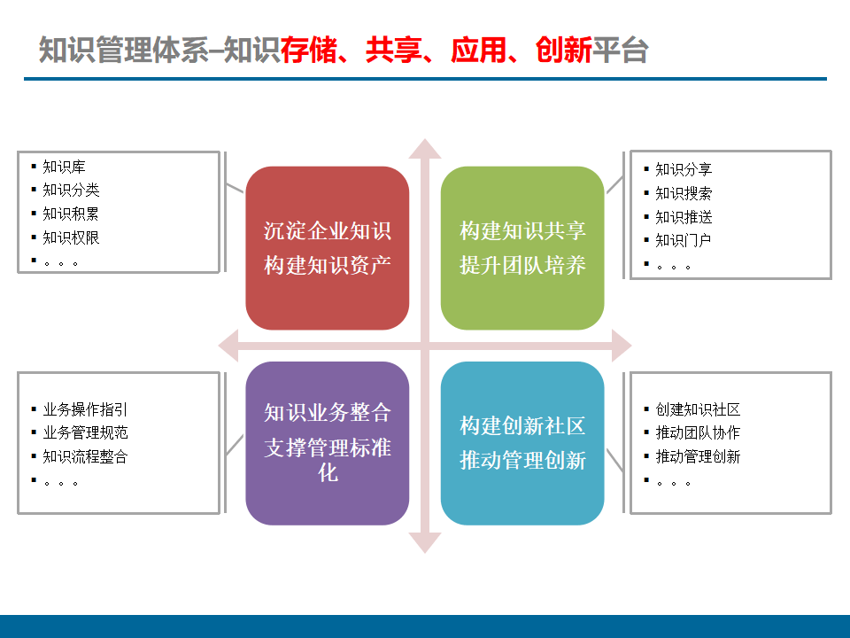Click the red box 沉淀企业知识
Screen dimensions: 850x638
pos(327,248)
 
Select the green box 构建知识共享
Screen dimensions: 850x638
pos(522,248)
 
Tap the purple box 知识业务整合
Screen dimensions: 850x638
pos(327,443)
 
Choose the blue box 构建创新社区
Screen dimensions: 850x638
pos(522,443)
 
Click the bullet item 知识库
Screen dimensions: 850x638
pos(64,166)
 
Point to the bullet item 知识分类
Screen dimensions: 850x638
pos(71,190)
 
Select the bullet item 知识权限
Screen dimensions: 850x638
pos(71,237)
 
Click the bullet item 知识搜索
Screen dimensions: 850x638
pos(683,193)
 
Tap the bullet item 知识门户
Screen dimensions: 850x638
pos(683,240)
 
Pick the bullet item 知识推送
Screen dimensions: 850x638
pos(683,217)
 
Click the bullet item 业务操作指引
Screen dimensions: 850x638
pos(85,409)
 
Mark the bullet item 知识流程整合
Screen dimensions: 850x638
pos(85,457)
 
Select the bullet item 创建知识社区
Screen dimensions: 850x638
pos(698,409)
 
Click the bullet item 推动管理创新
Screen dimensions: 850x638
pos(698,457)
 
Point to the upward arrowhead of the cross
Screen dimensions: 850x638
pos(425,149)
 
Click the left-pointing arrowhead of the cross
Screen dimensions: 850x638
pos(229,345)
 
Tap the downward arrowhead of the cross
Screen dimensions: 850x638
pos(425,542)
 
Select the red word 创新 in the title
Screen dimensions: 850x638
pos(564,51)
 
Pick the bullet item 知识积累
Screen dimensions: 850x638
pos(71,214)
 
